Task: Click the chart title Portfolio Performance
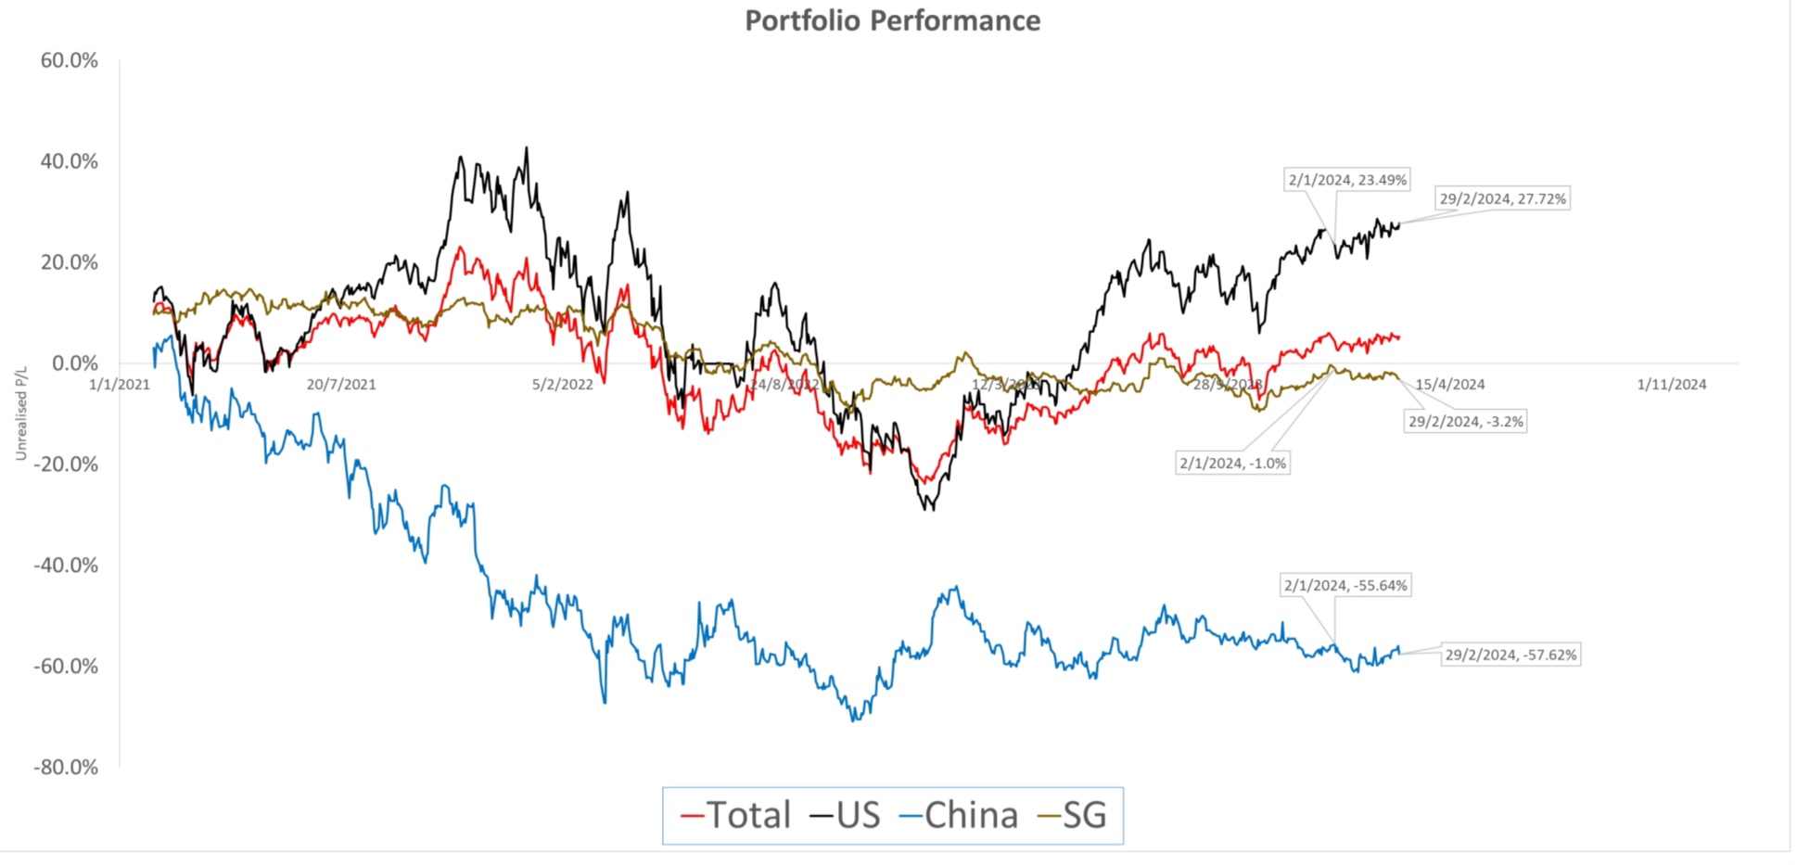coord(892,20)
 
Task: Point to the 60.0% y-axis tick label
coord(69,60)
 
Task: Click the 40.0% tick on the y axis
coord(69,161)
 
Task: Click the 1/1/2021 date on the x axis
coord(120,385)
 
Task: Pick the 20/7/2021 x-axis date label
coord(341,385)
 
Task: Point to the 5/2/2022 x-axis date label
coord(562,385)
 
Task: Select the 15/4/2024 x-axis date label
coord(1449,385)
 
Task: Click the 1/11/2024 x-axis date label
coord(1671,385)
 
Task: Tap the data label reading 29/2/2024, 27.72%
coord(1502,198)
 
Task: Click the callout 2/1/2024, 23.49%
coord(1347,180)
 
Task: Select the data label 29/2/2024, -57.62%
coord(1510,655)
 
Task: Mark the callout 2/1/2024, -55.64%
coord(1345,585)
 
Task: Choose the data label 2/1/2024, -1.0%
coord(1232,463)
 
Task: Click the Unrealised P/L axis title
coord(21,413)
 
